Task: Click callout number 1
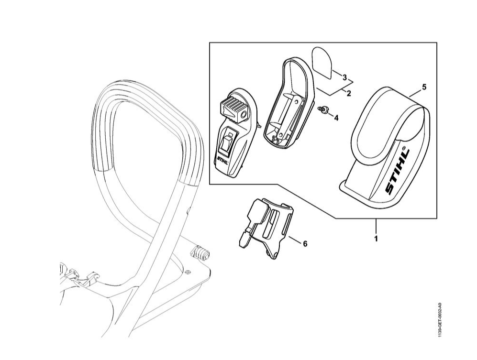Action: pyautogui.click(x=376, y=239)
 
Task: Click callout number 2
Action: pyautogui.click(x=349, y=93)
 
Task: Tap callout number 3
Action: pyautogui.click(x=344, y=77)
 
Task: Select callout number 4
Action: pyautogui.click(x=336, y=118)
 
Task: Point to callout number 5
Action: pyautogui.click(x=424, y=87)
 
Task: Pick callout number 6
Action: pyautogui.click(x=305, y=243)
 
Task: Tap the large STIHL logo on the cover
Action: pyautogui.click(x=398, y=172)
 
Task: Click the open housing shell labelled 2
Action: pyautogui.click(x=287, y=103)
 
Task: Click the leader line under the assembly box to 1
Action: pyautogui.click(x=376, y=225)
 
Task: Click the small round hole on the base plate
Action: pyautogui.click(x=188, y=271)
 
